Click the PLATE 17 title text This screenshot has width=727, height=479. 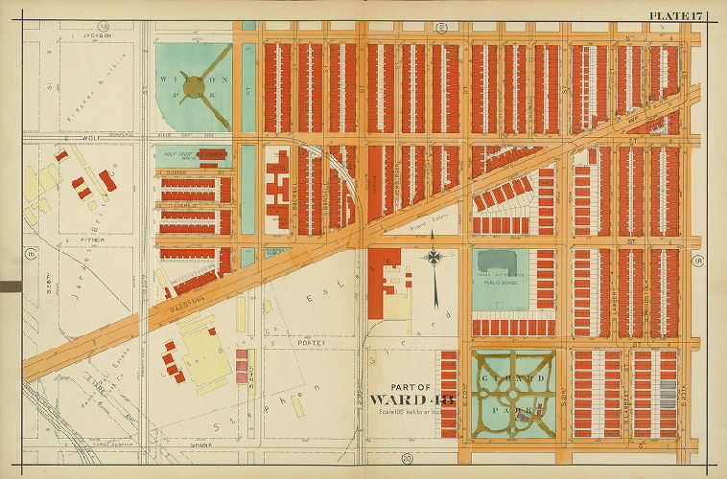pos(677,14)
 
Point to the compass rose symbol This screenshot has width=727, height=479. pos(434,259)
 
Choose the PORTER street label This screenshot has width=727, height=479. pos(313,342)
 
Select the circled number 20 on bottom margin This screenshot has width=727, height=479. pos(407,458)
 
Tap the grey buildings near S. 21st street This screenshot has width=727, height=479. pos(668,393)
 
